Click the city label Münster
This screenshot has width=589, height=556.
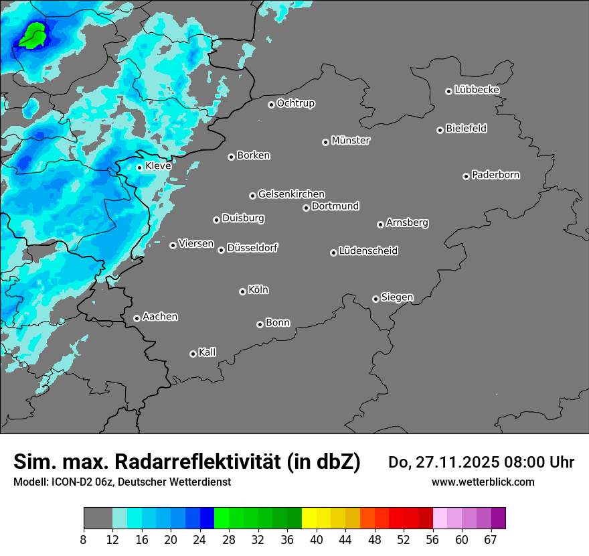tap(351, 141)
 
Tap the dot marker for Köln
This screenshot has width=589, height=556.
tap(242, 291)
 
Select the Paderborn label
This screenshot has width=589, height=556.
tap(496, 175)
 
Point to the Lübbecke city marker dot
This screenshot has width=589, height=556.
tap(448, 91)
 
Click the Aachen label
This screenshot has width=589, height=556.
tap(160, 317)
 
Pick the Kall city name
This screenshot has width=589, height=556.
tap(207, 352)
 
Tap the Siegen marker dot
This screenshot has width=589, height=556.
tap(375, 299)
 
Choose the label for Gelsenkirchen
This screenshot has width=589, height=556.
tap(291, 194)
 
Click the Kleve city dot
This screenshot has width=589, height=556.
tap(139, 167)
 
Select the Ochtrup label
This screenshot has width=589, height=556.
tap(296, 103)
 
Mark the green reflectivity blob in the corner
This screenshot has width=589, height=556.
tap(32, 36)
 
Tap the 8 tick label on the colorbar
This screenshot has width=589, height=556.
tap(84, 539)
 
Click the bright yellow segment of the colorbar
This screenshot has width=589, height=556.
tap(309, 518)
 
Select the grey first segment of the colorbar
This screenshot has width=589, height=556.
tap(98, 518)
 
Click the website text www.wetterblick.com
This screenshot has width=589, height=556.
tap(483, 482)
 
